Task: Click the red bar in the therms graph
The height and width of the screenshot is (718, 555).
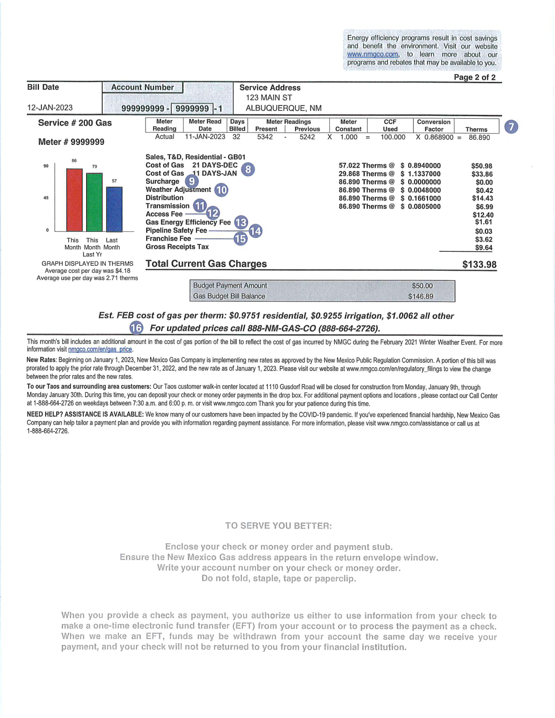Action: tap(74, 200)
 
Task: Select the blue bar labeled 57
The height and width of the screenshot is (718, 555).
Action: tap(114, 209)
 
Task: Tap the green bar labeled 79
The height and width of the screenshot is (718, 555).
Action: tap(94, 202)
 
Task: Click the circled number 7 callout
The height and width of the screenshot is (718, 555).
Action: tap(511, 127)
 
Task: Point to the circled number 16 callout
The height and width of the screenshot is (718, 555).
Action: tap(136, 328)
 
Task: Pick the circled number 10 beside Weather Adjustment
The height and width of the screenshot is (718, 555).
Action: tap(221, 190)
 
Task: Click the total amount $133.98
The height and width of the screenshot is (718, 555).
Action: tap(479, 265)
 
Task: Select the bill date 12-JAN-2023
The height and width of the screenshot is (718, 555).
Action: tap(50, 107)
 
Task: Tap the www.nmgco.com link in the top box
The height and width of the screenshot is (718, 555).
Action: tap(373, 54)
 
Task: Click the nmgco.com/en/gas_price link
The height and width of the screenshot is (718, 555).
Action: tap(100, 349)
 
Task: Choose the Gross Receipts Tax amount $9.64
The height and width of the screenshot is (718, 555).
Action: tap(484, 248)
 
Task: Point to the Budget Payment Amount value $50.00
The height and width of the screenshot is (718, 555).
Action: tap(422, 286)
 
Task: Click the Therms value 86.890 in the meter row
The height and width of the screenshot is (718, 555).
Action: tap(479, 138)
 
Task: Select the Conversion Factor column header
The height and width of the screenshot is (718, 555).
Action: tap(434, 125)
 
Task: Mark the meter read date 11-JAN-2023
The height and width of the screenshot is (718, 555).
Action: tap(205, 137)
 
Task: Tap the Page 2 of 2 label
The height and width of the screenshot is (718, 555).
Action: tap(474, 77)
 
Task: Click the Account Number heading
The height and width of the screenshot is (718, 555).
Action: tap(142, 87)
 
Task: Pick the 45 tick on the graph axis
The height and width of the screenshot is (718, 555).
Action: tap(46, 198)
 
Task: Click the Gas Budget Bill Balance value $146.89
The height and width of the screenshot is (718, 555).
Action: tap(420, 296)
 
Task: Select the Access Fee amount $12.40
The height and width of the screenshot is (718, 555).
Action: tap(483, 215)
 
